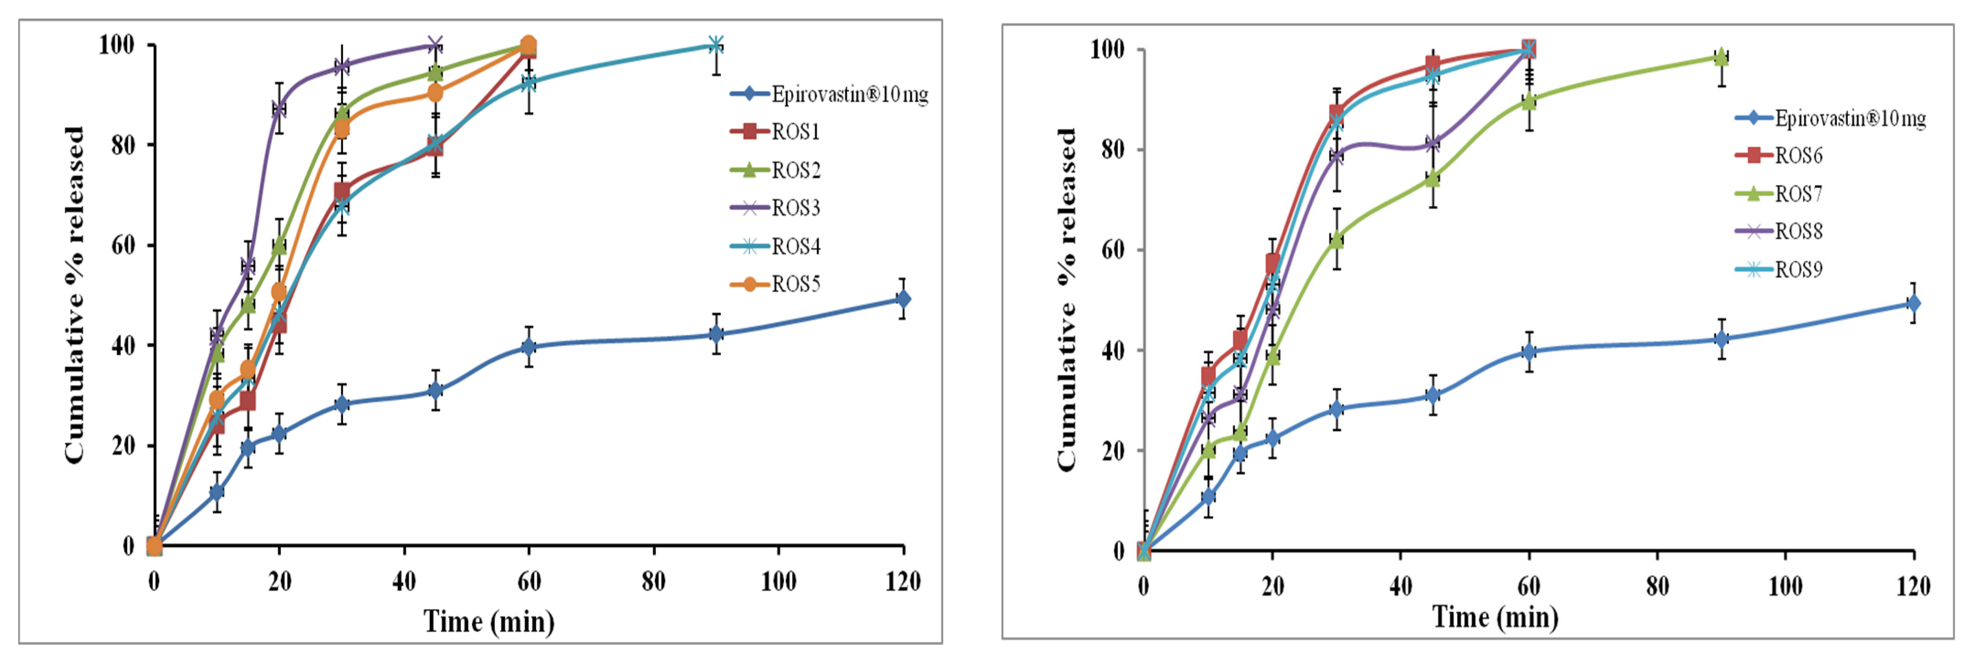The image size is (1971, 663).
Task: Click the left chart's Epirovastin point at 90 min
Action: (x=715, y=334)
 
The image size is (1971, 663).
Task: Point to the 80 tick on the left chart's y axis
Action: (x=123, y=145)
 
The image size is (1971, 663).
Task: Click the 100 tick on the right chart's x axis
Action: (x=1784, y=587)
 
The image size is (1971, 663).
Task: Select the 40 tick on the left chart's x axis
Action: (x=404, y=582)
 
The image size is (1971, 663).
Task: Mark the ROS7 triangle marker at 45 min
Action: (x=1432, y=179)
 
